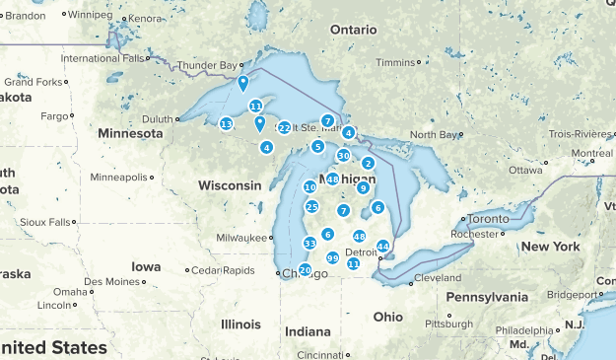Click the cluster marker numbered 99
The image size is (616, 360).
pyautogui.click(x=332, y=257)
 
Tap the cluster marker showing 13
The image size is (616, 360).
pyautogui.click(x=226, y=124)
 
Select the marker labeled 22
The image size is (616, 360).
pyautogui.click(x=284, y=127)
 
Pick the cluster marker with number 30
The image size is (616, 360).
pyautogui.click(x=343, y=155)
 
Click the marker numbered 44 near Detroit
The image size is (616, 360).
pyautogui.click(x=382, y=246)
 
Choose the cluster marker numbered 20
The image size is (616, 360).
pyautogui.click(x=305, y=269)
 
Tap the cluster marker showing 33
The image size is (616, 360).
pyautogui.click(x=309, y=243)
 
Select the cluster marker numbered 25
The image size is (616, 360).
pyautogui.click(x=311, y=206)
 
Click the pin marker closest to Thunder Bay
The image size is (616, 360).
pyautogui.click(x=242, y=83)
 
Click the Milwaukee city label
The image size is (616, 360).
pyautogui.click(x=243, y=238)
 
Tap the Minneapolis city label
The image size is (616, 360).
pyautogui.click(x=117, y=178)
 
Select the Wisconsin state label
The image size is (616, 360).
pyautogui.click(x=230, y=185)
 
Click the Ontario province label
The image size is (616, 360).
pyautogui.click(x=353, y=30)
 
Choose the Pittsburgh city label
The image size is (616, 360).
pyautogui.click(x=447, y=323)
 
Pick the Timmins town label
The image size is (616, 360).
pyautogui.click(x=396, y=62)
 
